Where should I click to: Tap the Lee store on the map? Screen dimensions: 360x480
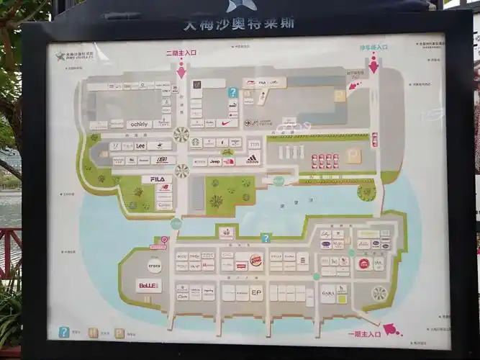click(140, 145)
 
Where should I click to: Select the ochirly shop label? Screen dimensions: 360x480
click(138, 125)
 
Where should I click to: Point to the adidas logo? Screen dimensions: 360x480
click(252, 159)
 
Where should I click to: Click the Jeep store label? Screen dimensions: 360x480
click(214, 161)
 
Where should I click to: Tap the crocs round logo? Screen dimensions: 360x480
click(155, 266)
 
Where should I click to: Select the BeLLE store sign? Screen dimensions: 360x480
click(149, 286)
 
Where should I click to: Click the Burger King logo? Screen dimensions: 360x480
click(255, 260)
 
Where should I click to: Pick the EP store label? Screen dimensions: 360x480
click(256, 293)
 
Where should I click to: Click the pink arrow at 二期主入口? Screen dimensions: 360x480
click(181, 71)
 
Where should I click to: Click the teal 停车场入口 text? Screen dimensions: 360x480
click(373, 48)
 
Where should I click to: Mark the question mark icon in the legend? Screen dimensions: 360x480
click(64, 332)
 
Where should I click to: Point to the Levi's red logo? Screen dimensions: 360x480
click(241, 265)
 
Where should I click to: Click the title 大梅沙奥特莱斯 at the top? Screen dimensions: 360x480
click(239, 23)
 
